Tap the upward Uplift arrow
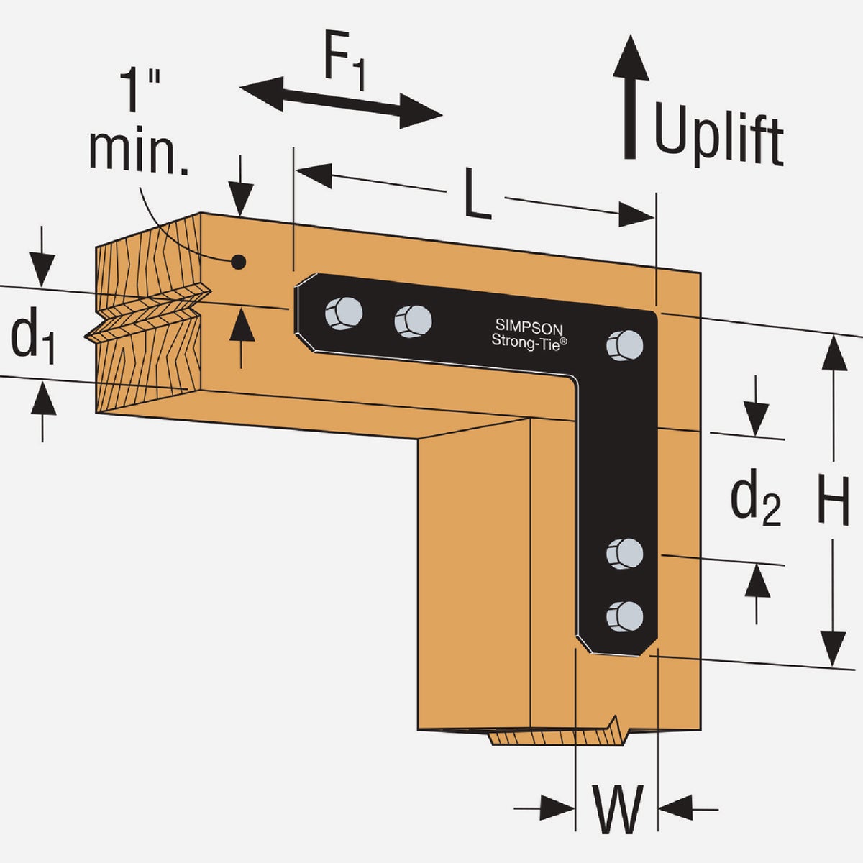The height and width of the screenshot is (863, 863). click(x=631, y=93)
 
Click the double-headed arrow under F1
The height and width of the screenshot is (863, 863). click(x=340, y=101)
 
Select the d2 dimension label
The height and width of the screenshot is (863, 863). click(x=755, y=501)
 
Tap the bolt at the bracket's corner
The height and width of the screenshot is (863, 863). click(x=624, y=344)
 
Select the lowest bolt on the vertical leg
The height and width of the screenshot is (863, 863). click(x=624, y=616)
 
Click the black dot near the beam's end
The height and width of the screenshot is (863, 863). click(x=239, y=262)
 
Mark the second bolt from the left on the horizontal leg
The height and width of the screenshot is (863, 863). click(x=413, y=321)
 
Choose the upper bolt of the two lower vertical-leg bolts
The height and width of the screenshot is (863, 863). click(x=624, y=553)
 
